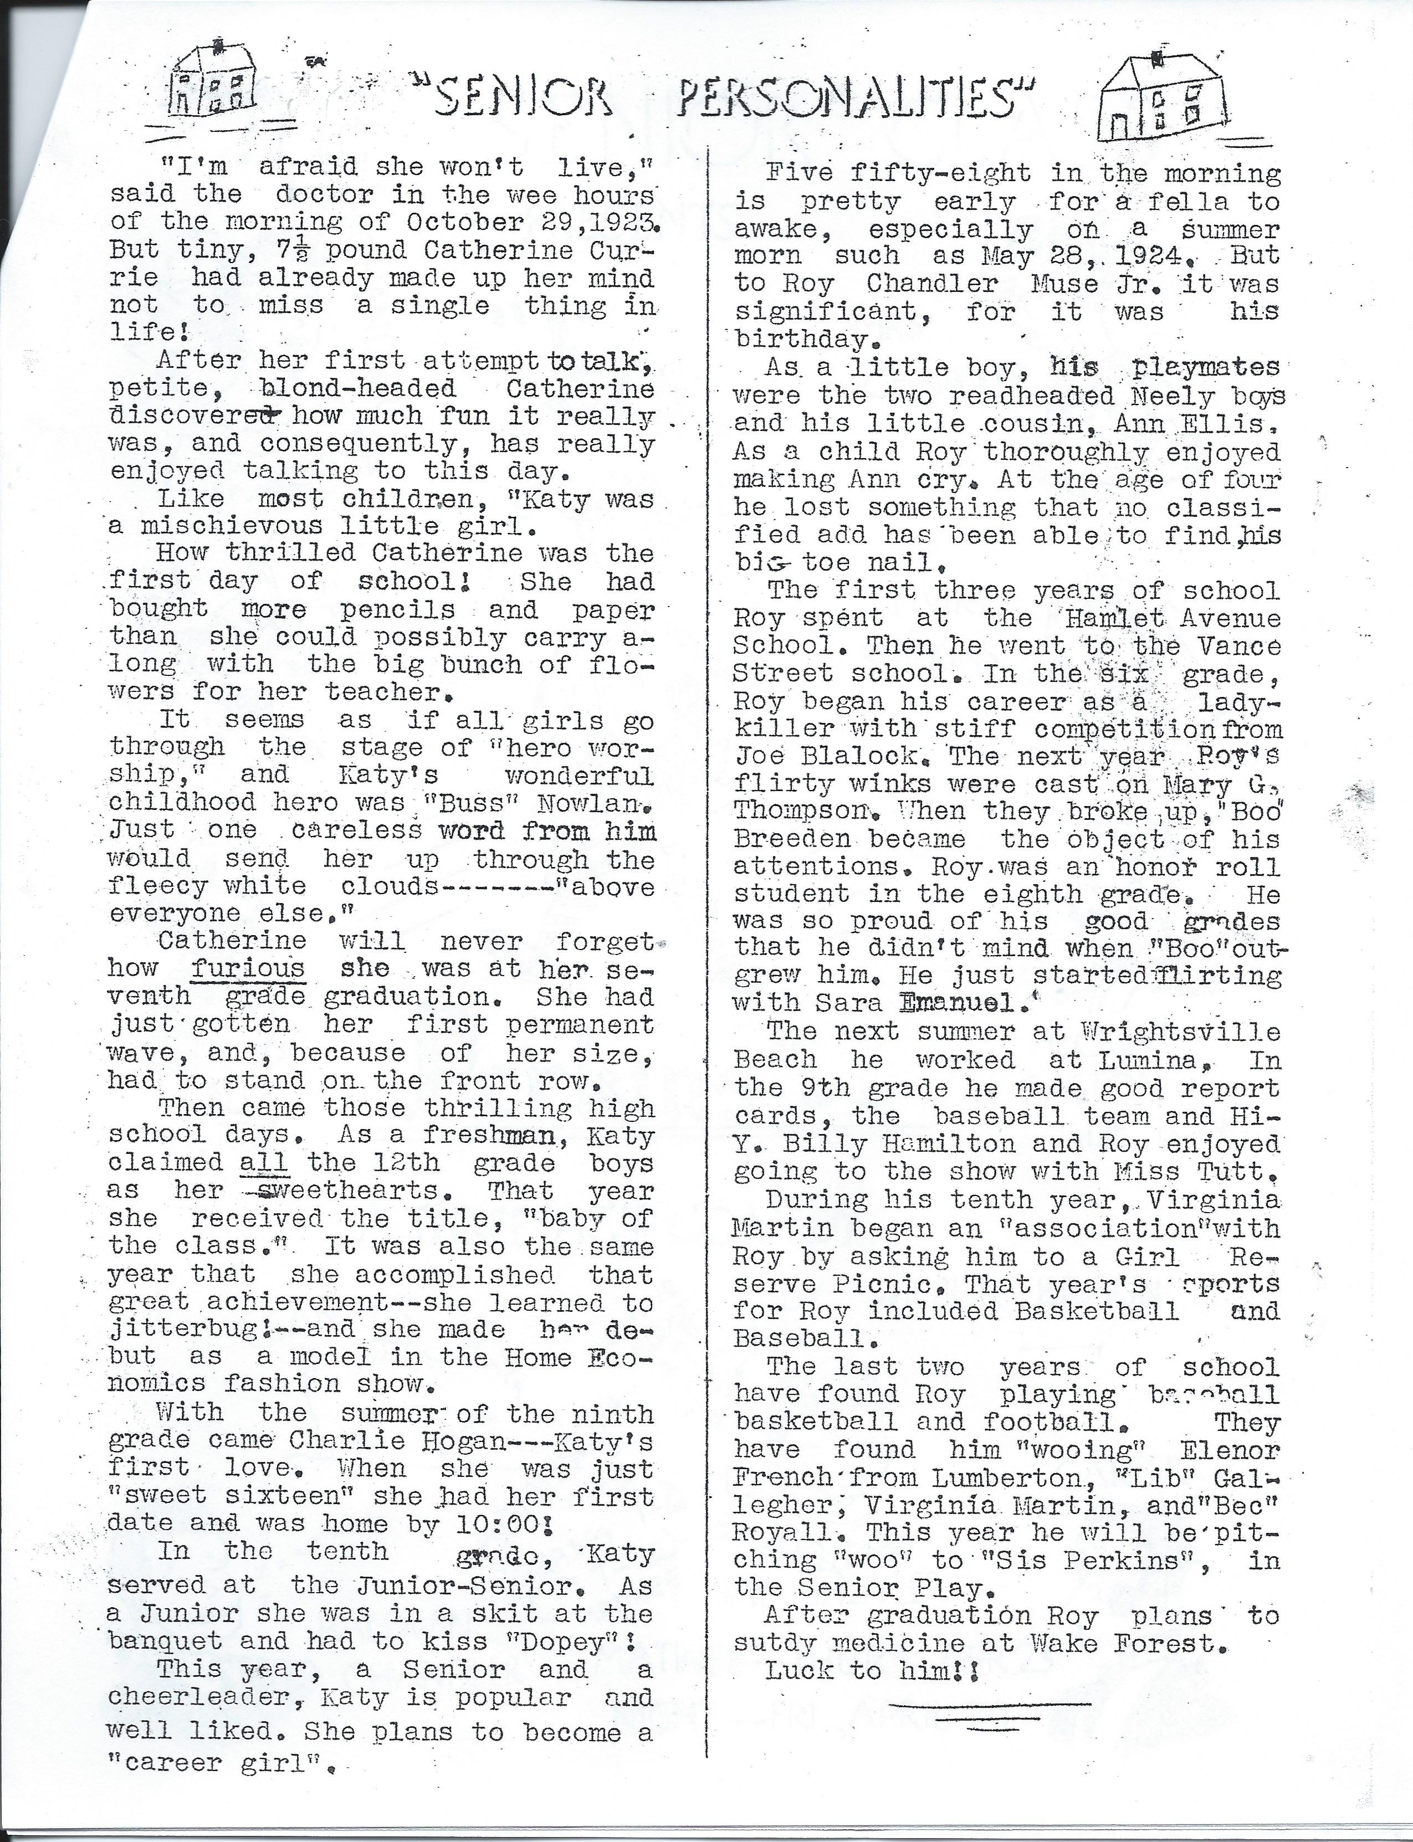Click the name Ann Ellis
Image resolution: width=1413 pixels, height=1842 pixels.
(x=1161, y=424)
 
